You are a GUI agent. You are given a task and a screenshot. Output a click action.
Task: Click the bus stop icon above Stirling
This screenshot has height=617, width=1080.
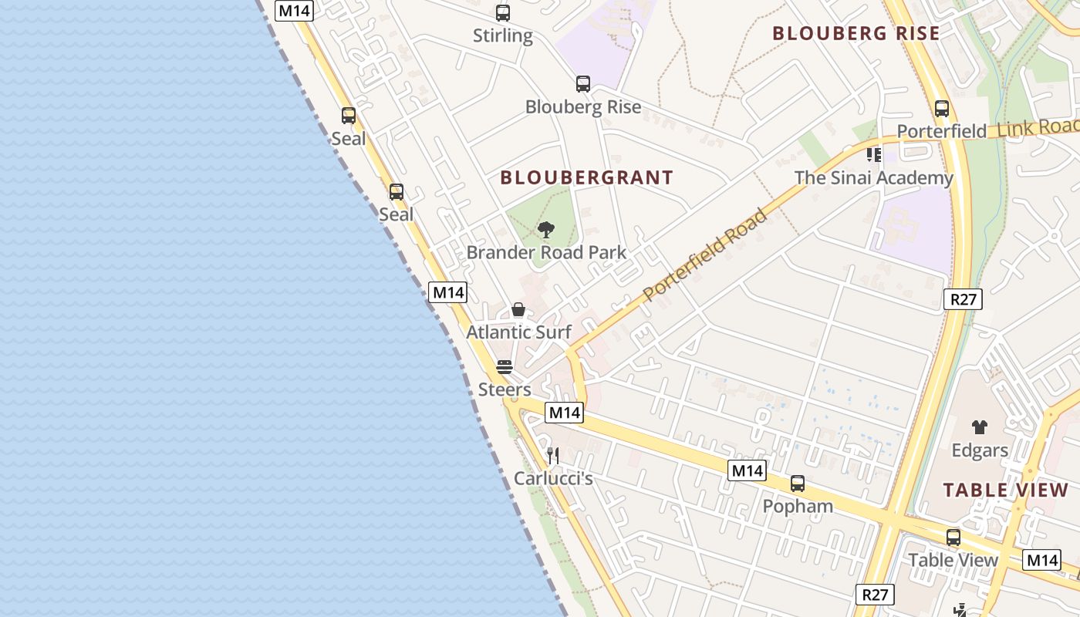pyautogui.click(x=503, y=13)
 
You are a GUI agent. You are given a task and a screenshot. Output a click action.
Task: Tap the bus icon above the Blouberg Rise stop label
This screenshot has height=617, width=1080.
pyautogui.click(x=583, y=84)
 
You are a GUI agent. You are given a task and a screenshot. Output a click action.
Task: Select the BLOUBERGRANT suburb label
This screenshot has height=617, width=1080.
pyautogui.click(x=586, y=178)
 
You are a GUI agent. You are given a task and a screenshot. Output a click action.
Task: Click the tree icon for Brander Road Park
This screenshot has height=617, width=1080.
pyautogui.click(x=546, y=229)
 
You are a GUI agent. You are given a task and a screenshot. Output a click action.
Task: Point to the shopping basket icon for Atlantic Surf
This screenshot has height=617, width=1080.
pyautogui.click(x=518, y=310)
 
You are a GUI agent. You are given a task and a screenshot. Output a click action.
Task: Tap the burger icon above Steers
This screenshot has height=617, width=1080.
pyautogui.click(x=505, y=366)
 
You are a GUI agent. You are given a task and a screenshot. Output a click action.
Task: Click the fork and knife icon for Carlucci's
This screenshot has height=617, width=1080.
pyautogui.click(x=552, y=456)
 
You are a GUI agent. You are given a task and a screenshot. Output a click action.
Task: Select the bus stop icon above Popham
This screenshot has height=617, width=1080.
pyautogui.click(x=798, y=484)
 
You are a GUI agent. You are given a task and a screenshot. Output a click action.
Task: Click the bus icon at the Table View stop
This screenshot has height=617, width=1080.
pyautogui.click(x=953, y=538)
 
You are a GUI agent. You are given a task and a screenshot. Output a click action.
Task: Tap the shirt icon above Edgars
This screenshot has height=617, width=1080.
pyautogui.click(x=980, y=427)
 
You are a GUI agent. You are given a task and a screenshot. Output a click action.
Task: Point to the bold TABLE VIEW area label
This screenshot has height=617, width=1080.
pyautogui.click(x=1006, y=491)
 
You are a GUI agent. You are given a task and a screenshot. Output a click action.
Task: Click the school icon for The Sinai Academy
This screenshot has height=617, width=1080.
pyautogui.click(x=873, y=155)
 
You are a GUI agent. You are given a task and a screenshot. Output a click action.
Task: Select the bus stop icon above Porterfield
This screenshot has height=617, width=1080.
pyautogui.click(x=941, y=108)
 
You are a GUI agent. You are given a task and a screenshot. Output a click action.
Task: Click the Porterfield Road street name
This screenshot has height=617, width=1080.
pyautogui.click(x=705, y=254)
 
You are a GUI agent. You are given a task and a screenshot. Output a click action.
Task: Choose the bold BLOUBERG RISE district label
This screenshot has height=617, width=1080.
pyautogui.click(x=856, y=34)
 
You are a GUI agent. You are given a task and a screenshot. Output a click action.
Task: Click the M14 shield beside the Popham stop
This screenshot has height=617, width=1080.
pyautogui.click(x=747, y=470)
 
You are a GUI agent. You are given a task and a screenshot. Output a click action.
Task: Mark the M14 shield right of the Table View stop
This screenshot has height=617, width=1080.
pyautogui.click(x=1041, y=560)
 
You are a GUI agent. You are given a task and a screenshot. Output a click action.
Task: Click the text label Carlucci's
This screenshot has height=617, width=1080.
pyautogui.click(x=553, y=479)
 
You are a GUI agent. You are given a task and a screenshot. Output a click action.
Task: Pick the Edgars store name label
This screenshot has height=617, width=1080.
pyautogui.click(x=980, y=450)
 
